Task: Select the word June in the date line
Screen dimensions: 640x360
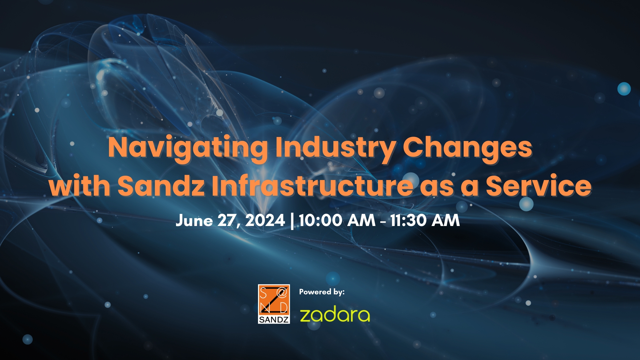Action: tap(194, 221)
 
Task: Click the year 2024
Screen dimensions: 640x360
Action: tap(265, 220)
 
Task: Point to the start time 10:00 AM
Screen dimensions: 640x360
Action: tap(337, 220)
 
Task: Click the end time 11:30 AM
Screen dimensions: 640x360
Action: tap(425, 220)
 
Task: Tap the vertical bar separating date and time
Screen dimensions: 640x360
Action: tap(292, 221)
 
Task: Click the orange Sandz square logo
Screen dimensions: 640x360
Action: tap(274, 304)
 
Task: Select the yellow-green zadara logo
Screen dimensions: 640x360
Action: tap(335, 315)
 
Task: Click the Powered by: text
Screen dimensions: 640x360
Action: tap(322, 292)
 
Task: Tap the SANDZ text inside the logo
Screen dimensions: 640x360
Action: tap(274, 319)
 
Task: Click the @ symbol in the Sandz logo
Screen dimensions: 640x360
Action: tap(282, 293)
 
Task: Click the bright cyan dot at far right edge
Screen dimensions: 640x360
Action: tap(624, 89)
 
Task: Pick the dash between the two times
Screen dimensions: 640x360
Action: tap(383, 221)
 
